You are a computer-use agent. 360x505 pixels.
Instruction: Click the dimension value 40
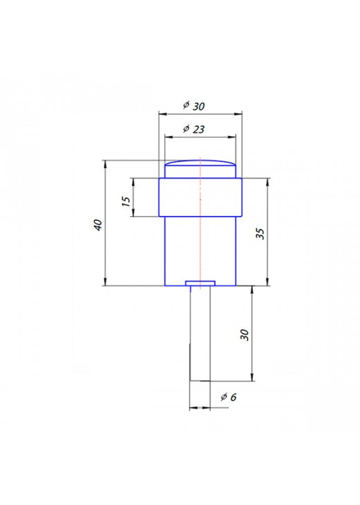pyautogui.click(x=98, y=224)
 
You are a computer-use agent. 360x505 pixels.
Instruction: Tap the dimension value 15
pyautogui.click(x=127, y=201)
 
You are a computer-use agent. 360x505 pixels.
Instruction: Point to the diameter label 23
pyautogui.click(x=199, y=129)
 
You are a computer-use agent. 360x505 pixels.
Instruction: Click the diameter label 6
pyautogui.click(x=233, y=397)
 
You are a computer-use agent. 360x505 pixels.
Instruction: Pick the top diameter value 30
pyautogui.click(x=199, y=107)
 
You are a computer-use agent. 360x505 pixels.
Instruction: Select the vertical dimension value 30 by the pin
pyautogui.click(x=244, y=335)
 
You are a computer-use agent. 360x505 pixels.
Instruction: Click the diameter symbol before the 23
pyautogui.click(x=186, y=129)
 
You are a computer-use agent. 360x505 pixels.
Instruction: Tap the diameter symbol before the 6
pyautogui.click(x=224, y=397)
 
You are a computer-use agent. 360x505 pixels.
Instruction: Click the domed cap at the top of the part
pyautogui.click(x=200, y=169)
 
